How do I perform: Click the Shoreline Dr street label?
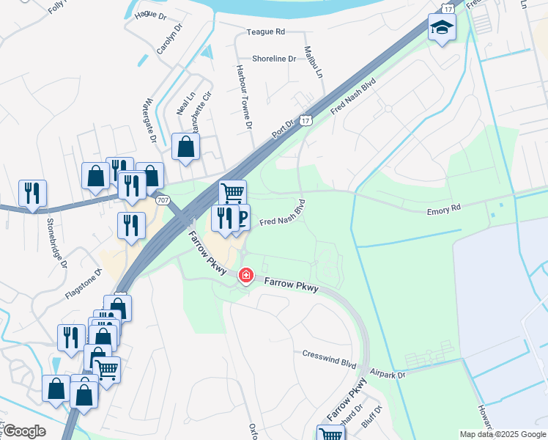click(x=273, y=59)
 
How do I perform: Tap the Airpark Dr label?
click(x=388, y=373)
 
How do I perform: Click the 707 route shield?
click(x=161, y=200)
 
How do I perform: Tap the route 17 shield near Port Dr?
click(x=306, y=120)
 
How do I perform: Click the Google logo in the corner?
click(x=24, y=431)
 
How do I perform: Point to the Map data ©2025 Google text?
click(x=503, y=434)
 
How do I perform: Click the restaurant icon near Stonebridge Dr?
click(x=32, y=193)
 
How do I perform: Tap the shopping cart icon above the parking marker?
click(x=232, y=193)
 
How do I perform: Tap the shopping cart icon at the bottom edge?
click(x=331, y=433)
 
